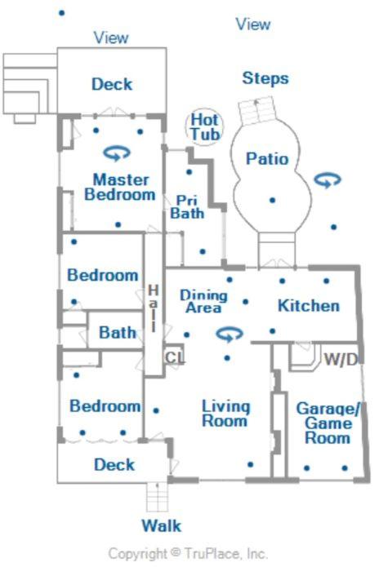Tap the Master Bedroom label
point(120,187)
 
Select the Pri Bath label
point(187,207)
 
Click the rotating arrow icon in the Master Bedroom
point(117,153)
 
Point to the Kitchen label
point(309,306)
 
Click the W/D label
point(341,359)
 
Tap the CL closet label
point(175,357)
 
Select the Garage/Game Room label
point(328,423)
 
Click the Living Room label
point(225,414)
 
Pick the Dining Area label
point(203,301)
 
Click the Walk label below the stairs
point(161,525)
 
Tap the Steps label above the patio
point(265,78)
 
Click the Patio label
point(267,159)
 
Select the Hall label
point(154,308)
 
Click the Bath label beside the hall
point(118,333)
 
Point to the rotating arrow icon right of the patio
point(328,179)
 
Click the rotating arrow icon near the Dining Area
point(229,334)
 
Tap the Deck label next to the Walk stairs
point(114,465)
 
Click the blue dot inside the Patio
point(273,200)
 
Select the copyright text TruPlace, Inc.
point(225,554)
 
